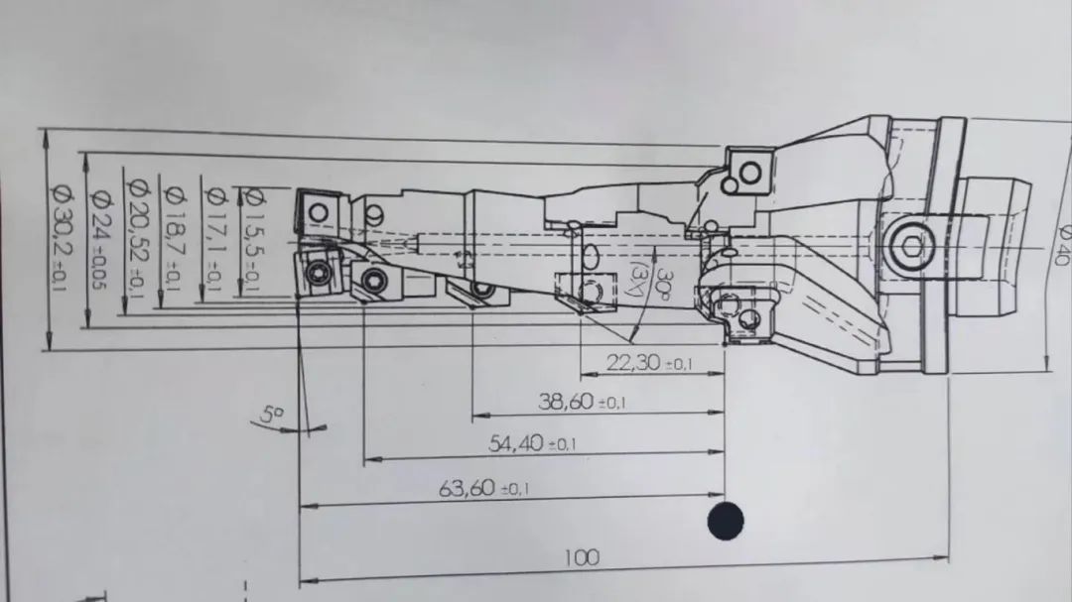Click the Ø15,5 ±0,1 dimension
[252, 240]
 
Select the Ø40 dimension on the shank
[1060, 241]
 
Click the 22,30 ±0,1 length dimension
[649, 364]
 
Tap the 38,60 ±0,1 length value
[582, 402]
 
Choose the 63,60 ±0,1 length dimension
[483, 488]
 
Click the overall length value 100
[582, 557]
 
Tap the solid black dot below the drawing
[726, 521]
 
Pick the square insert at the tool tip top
[319, 210]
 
